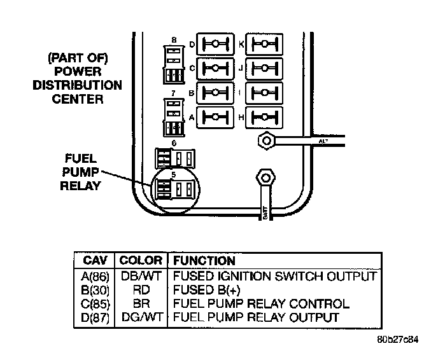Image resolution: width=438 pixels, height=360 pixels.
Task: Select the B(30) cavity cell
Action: click(96, 290)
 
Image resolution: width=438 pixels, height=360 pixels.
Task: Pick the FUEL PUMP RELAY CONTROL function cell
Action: click(261, 303)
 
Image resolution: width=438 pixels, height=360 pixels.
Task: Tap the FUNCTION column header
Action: click(204, 261)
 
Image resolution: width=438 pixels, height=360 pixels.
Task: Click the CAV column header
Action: click(96, 261)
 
